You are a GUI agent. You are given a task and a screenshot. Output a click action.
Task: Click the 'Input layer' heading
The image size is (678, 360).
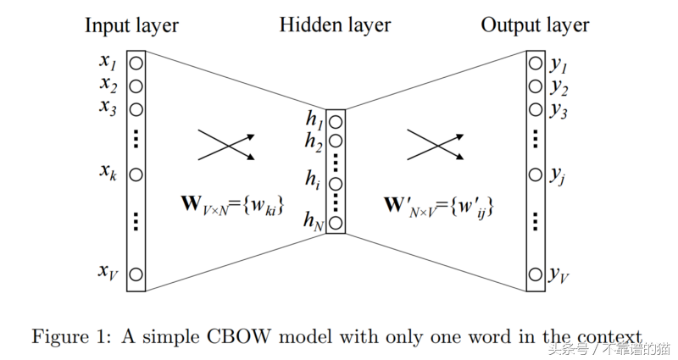(131, 25)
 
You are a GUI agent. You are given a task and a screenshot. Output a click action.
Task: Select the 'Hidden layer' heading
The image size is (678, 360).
(335, 25)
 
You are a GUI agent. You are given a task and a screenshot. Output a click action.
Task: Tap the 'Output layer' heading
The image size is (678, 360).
(535, 25)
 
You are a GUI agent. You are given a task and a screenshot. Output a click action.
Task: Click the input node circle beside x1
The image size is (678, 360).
(136, 64)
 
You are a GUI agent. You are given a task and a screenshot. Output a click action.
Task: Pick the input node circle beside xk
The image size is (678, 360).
(136, 175)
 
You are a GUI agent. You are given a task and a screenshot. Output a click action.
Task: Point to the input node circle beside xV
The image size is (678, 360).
(136, 274)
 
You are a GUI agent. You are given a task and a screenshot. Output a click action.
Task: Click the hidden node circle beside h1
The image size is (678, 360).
(336, 122)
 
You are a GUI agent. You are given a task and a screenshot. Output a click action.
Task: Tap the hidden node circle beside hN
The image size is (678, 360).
(336, 223)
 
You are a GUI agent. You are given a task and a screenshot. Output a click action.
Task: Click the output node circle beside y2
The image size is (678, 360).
(536, 86)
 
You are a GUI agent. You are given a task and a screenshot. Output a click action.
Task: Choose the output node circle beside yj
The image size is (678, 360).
(536, 175)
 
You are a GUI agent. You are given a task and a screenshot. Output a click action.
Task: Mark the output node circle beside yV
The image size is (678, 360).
(536, 274)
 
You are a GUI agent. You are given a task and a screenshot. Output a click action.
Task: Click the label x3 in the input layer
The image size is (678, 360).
(108, 108)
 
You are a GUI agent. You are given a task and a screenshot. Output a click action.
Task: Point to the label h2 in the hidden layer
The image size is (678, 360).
(314, 141)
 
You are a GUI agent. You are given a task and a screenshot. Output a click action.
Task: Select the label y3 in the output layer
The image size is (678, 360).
(559, 110)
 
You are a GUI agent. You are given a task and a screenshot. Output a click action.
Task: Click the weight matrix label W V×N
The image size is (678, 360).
(232, 205)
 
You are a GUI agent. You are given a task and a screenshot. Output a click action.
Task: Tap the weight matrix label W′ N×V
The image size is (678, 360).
(439, 207)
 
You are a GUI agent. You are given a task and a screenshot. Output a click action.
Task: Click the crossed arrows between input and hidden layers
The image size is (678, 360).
(226, 145)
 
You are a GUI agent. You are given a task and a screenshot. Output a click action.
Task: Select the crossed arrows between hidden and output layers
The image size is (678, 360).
(436, 145)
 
